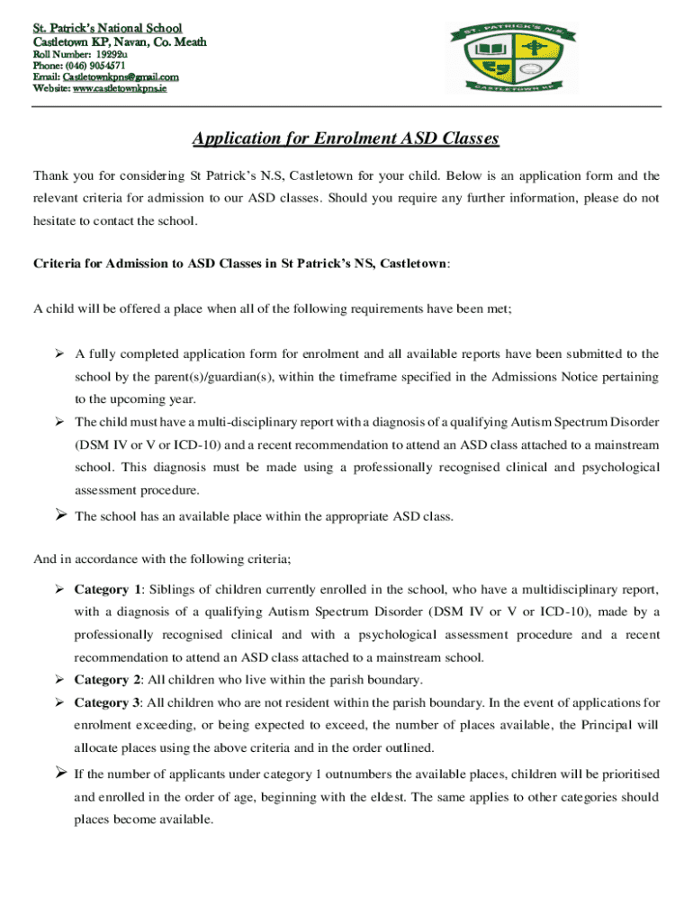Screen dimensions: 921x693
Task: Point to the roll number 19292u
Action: [118, 53]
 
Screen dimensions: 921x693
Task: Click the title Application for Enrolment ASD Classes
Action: [346, 139]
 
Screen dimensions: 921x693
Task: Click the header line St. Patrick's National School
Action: [107, 29]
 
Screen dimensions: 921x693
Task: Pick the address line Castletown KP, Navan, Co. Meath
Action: [120, 41]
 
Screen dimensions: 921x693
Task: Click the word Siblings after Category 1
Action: [175, 589]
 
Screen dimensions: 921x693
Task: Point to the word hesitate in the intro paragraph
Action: [56, 220]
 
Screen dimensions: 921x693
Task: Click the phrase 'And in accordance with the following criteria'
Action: [162, 559]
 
